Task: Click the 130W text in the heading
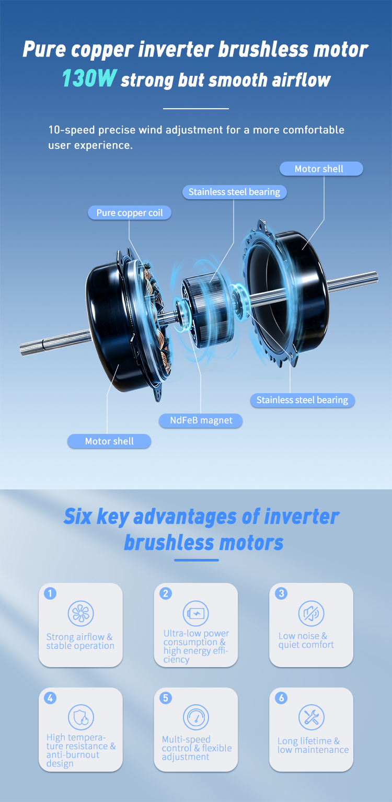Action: pyautogui.click(x=89, y=78)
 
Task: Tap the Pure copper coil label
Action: pyautogui.click(x=130, y=213)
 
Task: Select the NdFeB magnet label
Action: pyautogui.click(x=201, y=420)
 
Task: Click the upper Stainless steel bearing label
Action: pyautogui.click(x=235, y=192)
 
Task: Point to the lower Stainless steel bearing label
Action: pyautogui.click(x=303, y=400)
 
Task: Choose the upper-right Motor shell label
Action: pyautogui.click(x=321, y=169)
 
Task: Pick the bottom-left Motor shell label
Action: pyautogui.click(x=109, y=441)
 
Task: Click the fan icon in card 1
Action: pyautogui.click(x=81, y=613)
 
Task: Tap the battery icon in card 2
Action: pyautogui.click(x=196, y=613)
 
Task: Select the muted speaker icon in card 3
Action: pyautogui.click(x=311, y=613)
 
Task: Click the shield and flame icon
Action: pyautogui.click(x=81, y=717)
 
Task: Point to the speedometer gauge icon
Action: pyautogui.click(x=196, y=717)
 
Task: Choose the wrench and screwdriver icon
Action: pyautogui.click(x=311, y=717)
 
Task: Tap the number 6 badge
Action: pyautogui.click(x=281, y=698)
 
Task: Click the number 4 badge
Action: pyautogui.click(x=50, y=698)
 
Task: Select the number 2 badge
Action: pyautogui.click(x=165, y=593)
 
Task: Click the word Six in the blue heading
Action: pyautogui.click(x=78, y=517)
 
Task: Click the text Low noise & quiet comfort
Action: pyautogui.click(x=306, y=640)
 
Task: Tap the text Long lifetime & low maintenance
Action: pyautogui.click(x=313, y=745)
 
